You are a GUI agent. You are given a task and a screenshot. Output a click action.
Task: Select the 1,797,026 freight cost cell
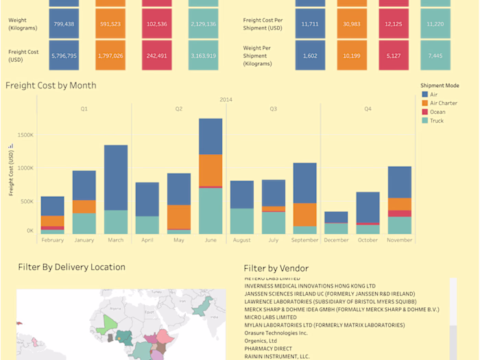111,56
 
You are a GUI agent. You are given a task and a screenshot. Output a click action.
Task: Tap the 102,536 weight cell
157,24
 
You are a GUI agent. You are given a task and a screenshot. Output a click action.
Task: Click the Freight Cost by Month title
51,86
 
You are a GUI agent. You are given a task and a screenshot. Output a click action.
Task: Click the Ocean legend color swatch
425,112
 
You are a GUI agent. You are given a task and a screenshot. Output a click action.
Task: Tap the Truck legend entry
436,121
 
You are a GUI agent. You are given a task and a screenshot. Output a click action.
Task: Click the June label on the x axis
211,241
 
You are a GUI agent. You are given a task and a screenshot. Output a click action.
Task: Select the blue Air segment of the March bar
116,178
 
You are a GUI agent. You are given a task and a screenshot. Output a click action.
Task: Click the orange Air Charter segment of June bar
211,170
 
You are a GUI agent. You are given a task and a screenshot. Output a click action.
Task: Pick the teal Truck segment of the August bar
242,221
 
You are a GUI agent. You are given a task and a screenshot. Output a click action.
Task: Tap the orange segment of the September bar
305,215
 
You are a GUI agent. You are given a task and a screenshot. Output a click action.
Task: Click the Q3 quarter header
273,108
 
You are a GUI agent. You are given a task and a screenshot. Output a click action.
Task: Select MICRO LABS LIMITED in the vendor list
270,317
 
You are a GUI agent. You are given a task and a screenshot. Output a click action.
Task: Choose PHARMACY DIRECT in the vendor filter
268,348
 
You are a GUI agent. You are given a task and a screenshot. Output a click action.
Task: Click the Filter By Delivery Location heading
71,267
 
